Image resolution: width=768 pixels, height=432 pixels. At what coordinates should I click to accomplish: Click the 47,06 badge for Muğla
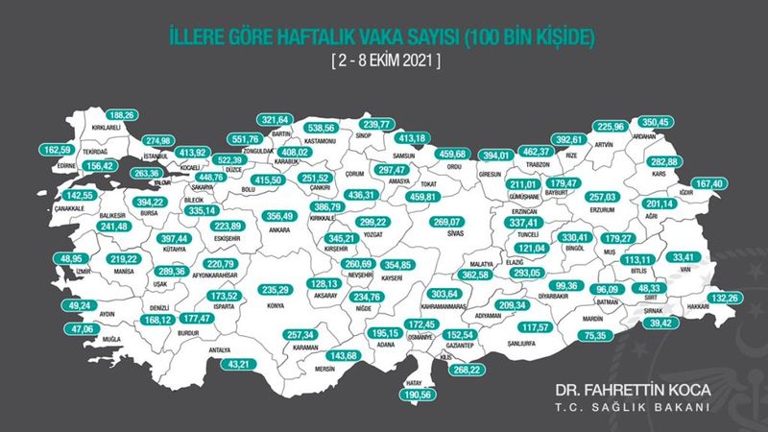tap(65, 327)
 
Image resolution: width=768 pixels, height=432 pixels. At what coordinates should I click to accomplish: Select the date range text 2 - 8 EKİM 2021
tap(383, 60)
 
